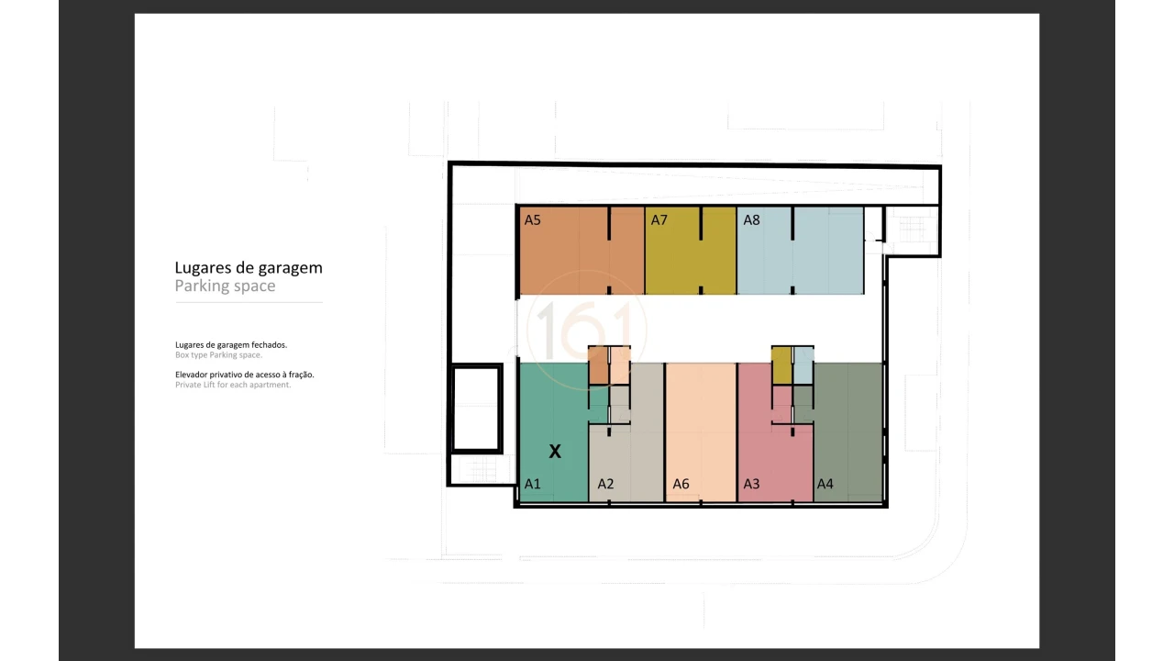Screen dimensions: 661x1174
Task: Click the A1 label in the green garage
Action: pos(532,484)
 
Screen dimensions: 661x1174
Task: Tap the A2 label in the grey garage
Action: pos(605,484)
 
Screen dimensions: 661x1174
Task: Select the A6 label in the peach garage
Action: pos(681,484)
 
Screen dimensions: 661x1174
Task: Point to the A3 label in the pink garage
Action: pos(751,484)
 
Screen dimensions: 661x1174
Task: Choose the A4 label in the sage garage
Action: pos(825,484)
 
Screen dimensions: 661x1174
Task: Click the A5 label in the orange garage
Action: pos(532,219)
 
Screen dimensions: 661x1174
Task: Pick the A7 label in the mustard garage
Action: pos(659,219)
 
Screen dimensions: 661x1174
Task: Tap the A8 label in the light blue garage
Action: pos(751,219)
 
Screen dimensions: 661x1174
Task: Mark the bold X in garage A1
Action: pos(555,452)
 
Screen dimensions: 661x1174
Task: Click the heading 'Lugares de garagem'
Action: pos(249,268)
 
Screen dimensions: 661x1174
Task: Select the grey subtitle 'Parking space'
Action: pos(225,286)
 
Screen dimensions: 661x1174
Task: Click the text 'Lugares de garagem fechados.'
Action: pos(231,345)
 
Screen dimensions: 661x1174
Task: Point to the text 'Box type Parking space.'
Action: pos(218,355)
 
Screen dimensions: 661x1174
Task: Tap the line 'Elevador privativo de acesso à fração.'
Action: pos(245,375)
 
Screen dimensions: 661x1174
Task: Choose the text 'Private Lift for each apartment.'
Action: pos(233,385)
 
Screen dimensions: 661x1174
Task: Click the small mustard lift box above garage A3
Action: pos(781,365)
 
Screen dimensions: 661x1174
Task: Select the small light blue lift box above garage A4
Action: pos(803,365)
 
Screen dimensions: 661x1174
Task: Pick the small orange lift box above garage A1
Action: pos(598,365)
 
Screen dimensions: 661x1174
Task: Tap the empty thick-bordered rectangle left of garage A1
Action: pos(476,409)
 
